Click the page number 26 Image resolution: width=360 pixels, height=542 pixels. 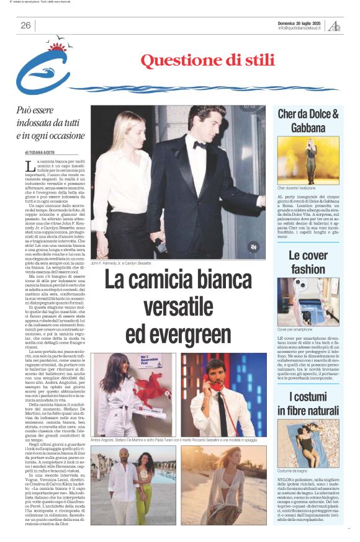tap(25, 25)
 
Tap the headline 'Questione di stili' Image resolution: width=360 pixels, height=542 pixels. tap(207, 61)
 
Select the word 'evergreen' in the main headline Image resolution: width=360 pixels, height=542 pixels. tap(178, 334)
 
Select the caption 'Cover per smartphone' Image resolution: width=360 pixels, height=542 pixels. tap(295, 329)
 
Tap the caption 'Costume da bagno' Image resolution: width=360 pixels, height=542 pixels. tap(294, 471)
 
